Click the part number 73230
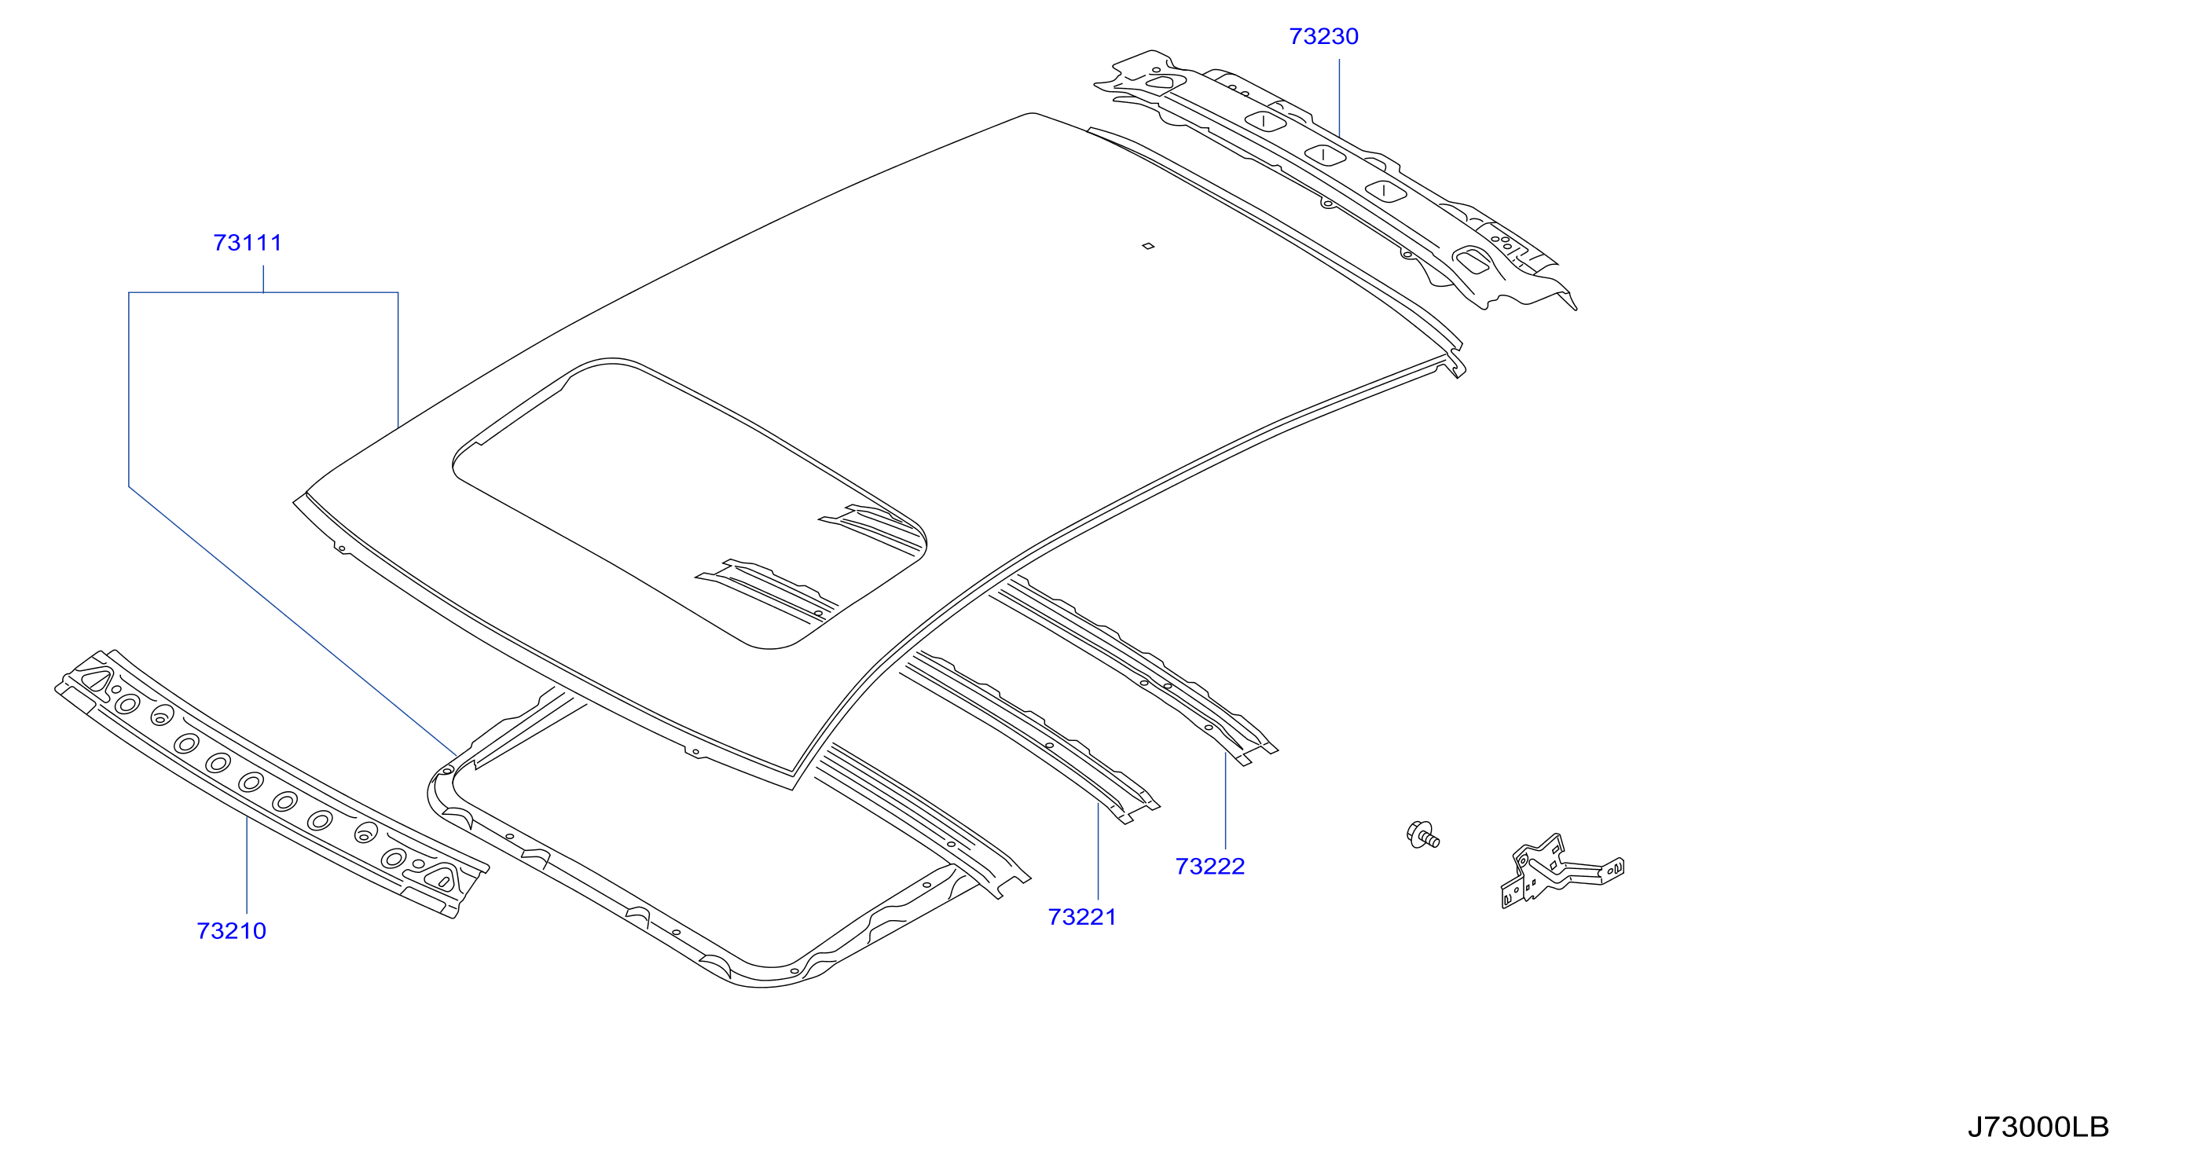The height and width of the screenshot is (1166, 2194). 1323,37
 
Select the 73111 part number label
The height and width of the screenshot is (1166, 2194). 247,243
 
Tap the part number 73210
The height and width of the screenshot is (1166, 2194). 231,931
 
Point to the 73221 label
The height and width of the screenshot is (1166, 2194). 1081,916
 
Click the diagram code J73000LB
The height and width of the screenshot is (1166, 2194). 2038,1127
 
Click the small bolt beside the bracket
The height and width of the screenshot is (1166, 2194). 1422,834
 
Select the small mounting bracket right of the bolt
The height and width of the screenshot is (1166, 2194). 1561,871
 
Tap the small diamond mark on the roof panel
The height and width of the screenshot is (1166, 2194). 1148,246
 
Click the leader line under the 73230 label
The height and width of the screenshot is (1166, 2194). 1339,97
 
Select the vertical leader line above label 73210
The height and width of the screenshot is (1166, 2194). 247,864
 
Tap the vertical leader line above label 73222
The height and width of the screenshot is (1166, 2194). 1226,801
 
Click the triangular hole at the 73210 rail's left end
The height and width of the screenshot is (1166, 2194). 97,680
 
